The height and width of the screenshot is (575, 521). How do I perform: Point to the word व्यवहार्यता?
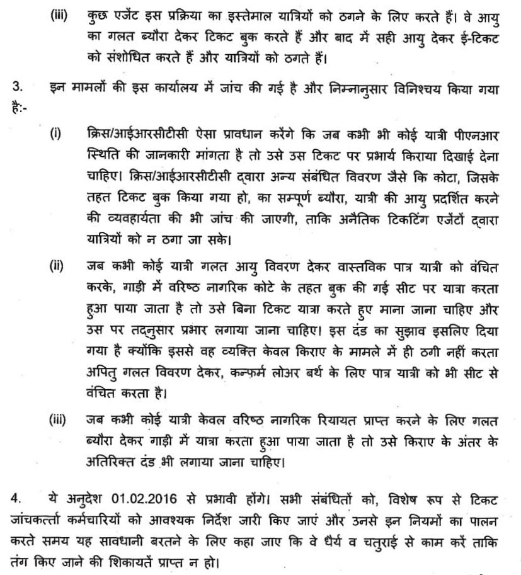point(131,222)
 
